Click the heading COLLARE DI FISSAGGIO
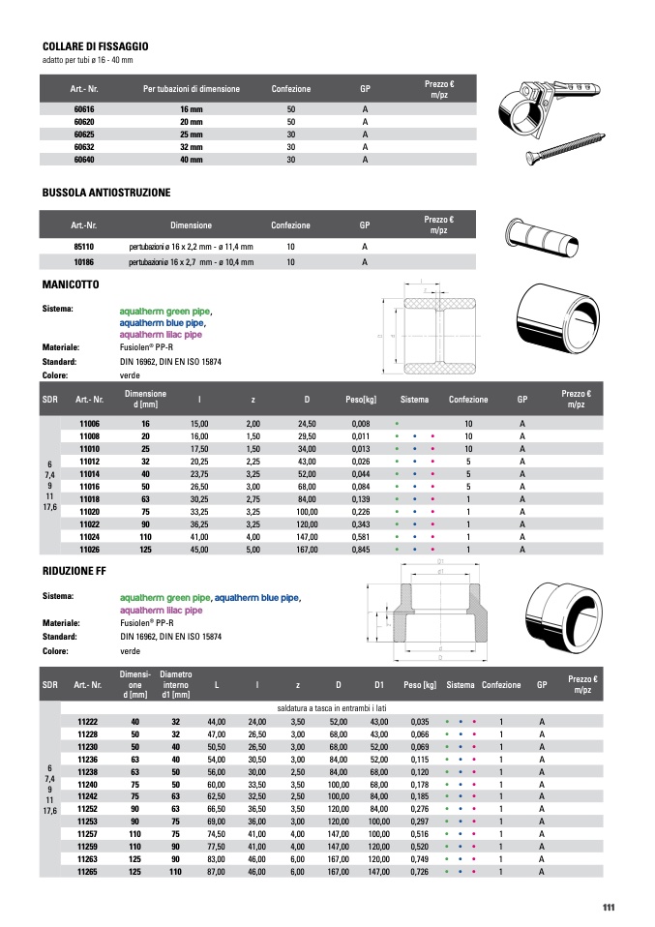95,45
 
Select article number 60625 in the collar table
84,135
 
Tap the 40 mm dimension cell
191,159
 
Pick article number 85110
84,248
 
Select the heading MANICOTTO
71,285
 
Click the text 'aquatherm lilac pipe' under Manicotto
161,335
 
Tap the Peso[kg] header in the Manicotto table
361,400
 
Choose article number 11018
89,499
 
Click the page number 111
608,907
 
